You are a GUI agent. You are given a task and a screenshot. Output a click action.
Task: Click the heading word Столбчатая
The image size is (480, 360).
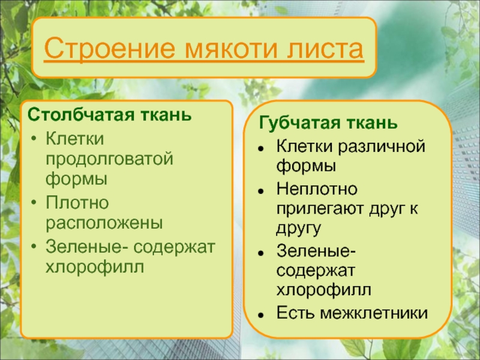(x=81, y=115)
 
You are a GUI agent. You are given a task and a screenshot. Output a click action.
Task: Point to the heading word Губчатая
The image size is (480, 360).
(x=299, y=124)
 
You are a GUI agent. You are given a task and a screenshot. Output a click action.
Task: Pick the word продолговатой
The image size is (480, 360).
(x=109, y=160)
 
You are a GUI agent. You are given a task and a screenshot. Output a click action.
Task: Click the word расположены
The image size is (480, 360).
(x=104, y=223)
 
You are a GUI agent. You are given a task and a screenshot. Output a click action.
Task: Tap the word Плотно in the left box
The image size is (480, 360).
(x=77, y=202)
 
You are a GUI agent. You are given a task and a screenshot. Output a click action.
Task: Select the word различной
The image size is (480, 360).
(x=382, y=146)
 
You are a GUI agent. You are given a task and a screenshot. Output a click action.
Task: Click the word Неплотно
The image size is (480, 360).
(x=317, y=188)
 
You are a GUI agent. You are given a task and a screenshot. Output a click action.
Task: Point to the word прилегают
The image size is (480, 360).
(x=320, y=209)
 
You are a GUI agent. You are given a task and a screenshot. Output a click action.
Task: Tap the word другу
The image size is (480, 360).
(x=298, y=229)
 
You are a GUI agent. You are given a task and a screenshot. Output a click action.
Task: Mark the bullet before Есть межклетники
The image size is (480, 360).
(x=261, y=315)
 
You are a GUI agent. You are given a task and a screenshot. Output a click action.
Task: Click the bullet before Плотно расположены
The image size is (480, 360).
(x=34, y=202)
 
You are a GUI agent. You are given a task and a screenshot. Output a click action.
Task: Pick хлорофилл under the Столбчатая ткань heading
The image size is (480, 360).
(x=95, y=266)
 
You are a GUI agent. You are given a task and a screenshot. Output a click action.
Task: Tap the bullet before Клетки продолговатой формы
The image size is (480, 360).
(x=34, y=139)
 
